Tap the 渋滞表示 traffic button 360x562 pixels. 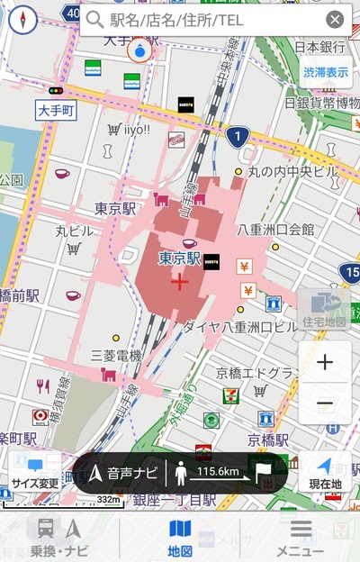coord(325,72)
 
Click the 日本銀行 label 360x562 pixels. coord(320,47)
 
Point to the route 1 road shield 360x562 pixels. coord(236,137)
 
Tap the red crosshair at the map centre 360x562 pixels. coord(179,283)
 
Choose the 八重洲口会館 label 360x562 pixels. coord(276,230)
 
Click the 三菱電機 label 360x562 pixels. coord(116,356)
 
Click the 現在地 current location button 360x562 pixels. coord(325,472)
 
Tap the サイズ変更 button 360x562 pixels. coord(35,472)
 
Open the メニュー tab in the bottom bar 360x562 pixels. coord(300,537)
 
